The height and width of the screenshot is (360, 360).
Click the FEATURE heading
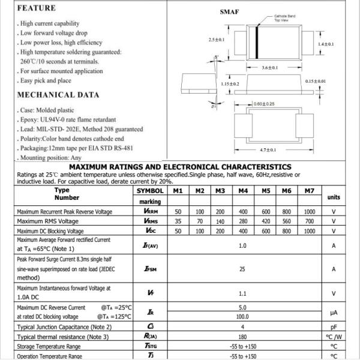click(x=37, y=8)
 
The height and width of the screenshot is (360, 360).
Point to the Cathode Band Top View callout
click(x=284, y=18)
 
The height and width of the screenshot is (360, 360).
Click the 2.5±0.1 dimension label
click(x=216, y=40)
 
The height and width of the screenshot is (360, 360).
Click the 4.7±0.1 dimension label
click(x=268, y=149)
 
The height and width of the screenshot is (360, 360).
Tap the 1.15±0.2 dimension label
click(x=230, y=84)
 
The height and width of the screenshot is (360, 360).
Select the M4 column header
click(x=243, y=191)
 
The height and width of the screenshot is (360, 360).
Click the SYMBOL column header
click(x=150, y=191)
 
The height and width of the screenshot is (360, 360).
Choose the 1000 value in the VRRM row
click(x=309, y=212)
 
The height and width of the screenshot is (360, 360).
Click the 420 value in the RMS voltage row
click(x=266, y=221)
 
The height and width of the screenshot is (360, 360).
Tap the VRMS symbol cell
click(x=150, y=221)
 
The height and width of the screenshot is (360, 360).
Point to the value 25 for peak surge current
click(x=242, y=269)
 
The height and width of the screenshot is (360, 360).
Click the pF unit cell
click(x=334, y=327)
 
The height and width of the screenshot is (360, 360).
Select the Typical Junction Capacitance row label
click(x=65, y=327)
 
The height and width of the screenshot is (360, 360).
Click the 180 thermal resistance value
click(x=242, y=337)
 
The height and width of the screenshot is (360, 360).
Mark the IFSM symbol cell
click(x=150, y=269)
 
